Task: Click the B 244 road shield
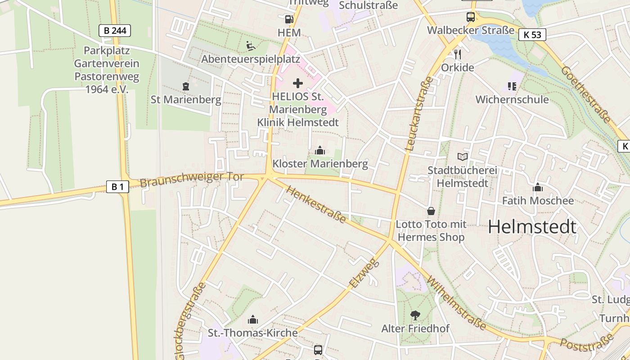115,31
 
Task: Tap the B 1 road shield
117,187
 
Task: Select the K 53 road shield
532,35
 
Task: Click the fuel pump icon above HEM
288,19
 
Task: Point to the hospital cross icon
298,83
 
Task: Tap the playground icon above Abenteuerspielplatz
251,45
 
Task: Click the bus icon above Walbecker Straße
471,18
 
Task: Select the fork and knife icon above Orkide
458,54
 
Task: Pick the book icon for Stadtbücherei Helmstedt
462,157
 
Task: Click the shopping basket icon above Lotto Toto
431,211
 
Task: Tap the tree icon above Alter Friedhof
415,315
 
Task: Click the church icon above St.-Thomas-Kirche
253,319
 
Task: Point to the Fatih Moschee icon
538,187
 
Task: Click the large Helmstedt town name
532,227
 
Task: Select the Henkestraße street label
316,205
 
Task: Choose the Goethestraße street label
586,95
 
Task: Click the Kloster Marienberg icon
320,150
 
